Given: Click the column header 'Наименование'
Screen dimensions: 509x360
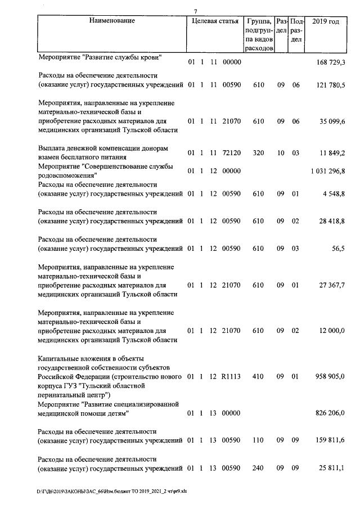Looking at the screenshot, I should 111,21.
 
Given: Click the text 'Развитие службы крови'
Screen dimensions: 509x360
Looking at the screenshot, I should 123,57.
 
